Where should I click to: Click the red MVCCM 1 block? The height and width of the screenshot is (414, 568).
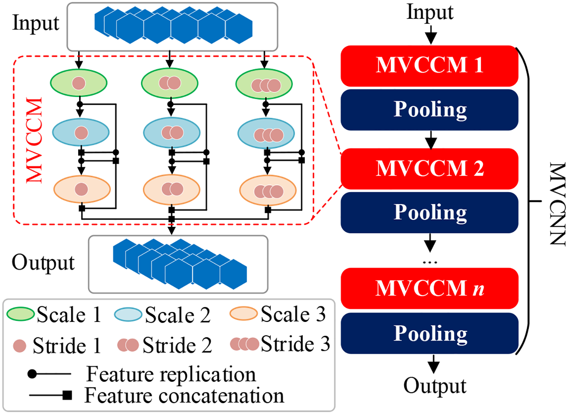click(x=429, y=65)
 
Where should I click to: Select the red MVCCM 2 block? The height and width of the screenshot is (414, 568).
click(x=429, y=169)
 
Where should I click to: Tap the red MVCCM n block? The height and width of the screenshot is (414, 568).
click(x=429, y=288)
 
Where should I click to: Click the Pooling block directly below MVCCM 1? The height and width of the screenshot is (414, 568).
click(x=429, y=110)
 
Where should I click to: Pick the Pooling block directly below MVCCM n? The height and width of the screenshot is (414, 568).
click(x=429, y=333)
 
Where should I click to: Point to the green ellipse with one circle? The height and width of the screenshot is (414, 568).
click(x=79, y=83)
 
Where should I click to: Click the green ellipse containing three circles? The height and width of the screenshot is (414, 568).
click(x=264, y=84)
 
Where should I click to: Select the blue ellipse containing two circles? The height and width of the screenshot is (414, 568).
click(x=172, y=133)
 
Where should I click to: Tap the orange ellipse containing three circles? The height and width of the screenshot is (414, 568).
click(x=268, y=191)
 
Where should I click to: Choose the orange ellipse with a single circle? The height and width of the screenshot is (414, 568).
click(x=82, y=189)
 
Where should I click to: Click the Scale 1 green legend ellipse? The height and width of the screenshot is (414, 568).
click(x=20, y=314)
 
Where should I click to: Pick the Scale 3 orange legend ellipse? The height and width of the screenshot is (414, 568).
click(x=243, y=313)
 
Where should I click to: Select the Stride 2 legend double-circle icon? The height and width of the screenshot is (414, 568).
click(x=128, y=345)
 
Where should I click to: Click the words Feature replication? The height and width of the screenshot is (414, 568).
click(x=171, y=374)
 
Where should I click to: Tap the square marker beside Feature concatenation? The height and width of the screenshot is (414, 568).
click(x=67, y=395)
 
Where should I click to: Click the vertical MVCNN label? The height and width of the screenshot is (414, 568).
click(x=557, y=204)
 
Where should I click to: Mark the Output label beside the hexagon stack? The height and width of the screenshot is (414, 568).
click(x=43, y=263)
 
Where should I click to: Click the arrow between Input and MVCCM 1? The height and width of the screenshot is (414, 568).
click(x=431, y=35)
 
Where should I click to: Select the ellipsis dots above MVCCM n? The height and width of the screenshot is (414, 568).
click(x=430, y=262)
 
